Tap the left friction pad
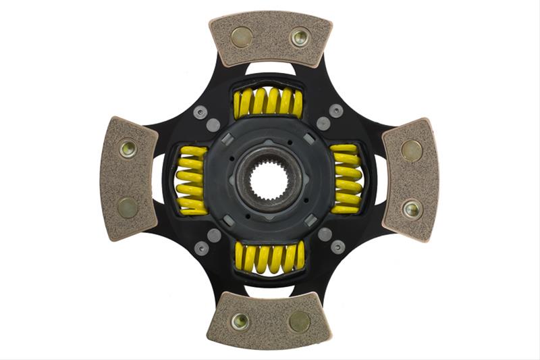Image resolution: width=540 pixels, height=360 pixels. tap(128, 178)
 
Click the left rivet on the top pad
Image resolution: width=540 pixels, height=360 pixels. tap(241, 36)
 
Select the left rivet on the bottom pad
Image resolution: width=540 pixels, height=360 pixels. tap(240, 321)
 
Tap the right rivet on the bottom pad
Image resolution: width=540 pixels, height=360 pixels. tap(298, 322)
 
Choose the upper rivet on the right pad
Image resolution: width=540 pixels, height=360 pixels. tap(411, 150)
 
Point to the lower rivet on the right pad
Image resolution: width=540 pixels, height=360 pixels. tap(411, 208)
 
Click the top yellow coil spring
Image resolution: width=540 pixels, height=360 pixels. tap(268, 102)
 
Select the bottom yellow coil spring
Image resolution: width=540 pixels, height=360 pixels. tap(269, 257)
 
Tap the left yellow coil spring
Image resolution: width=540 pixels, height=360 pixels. tap(190, 180)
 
